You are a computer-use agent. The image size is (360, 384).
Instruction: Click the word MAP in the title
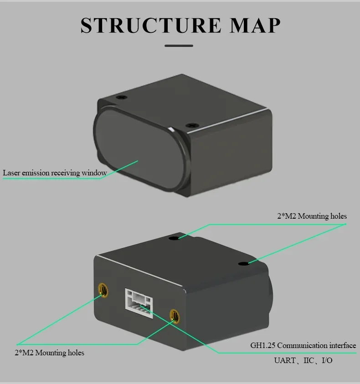click(x=255, y=26)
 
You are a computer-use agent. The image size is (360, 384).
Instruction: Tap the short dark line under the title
click(x=179, y=46)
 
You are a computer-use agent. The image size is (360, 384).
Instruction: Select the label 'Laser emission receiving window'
click(x=55, y=173)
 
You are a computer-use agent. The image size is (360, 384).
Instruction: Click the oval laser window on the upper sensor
click(x=137, y=150)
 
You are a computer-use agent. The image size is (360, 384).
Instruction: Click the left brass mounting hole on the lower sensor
click(x=103, y=290)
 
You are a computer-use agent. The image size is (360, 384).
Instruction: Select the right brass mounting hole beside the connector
click(x=174, y=315)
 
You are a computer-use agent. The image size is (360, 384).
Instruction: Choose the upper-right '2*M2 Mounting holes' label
click(x=312, y=216)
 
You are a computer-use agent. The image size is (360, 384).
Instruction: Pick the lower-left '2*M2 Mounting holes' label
click(x=49, y=353)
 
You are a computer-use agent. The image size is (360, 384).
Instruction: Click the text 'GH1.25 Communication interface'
click(x=303, y=345)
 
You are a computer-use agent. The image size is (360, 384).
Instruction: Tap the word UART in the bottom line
click(x=284, y=361)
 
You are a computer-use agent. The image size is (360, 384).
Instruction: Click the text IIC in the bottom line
click(x=309, y=361)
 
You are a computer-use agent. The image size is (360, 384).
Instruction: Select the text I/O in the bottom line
click(x=327, y=361)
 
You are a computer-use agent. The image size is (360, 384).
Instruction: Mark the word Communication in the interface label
click(x=302, y=345)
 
